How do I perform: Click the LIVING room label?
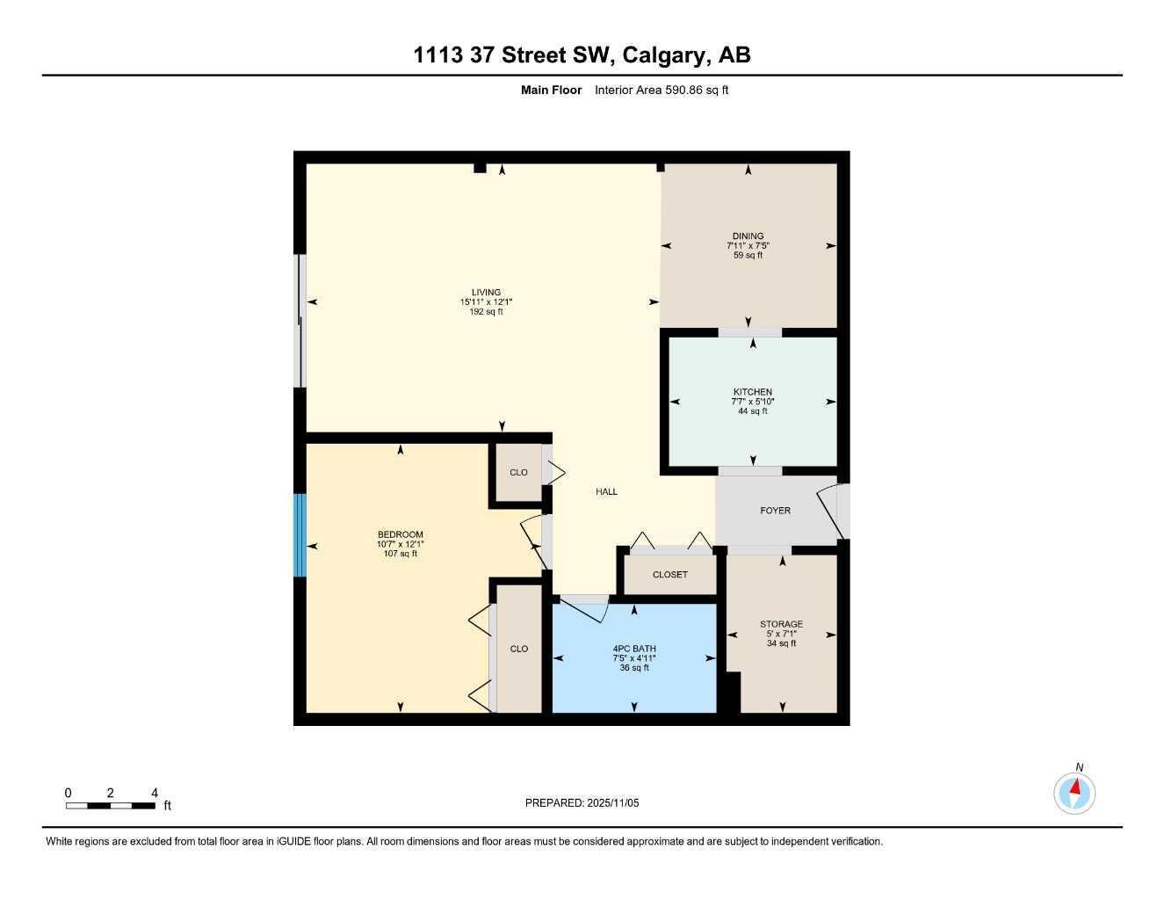(x=486, y=293)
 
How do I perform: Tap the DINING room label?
(x=748, y=236)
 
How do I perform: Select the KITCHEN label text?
(x=753, y=392)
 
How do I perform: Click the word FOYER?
(x=775, y=511)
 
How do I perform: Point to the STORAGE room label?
(x=781, y=624)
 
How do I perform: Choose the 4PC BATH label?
(x=634, y=650)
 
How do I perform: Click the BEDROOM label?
(x=401, y=534)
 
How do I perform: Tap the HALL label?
(x=606, y=492)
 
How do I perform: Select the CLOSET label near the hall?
(x=670, y=575)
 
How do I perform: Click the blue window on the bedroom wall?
(x=300, y=535)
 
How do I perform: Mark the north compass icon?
(x=1074, y=792)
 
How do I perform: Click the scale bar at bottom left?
(x=111, y=805)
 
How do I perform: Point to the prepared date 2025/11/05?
(x=582, y=802)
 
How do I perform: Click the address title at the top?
(x=582, y=55)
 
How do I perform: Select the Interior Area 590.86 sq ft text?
(x=662, y=90)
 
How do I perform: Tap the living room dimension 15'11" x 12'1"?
(x=486, y=302)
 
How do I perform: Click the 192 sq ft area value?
(x=486, y=312)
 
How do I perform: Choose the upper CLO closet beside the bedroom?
(x=518, y=473)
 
